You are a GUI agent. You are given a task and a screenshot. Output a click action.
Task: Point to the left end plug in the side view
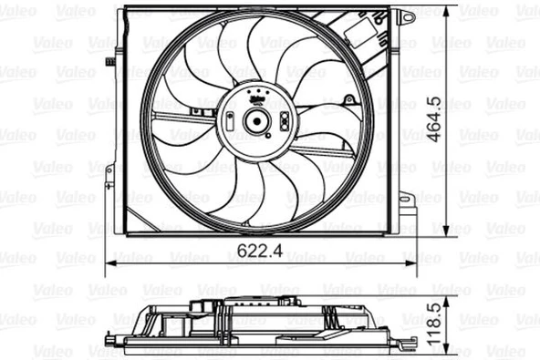pyautogui.click(x=113, y=345)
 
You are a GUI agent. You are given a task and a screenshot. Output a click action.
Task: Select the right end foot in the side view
pyautogui.click(x=405, y=344)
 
